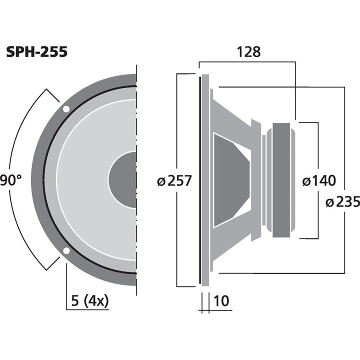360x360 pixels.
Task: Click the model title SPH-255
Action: (x=36, y=52)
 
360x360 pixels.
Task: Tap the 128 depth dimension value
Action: (x=248, y=51)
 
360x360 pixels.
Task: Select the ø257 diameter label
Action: (x=174, y=180)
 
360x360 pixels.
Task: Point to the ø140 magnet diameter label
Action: (x=319, y=180)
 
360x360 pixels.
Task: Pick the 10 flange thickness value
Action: (x=220, y=301)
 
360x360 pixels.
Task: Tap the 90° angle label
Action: (x=11, y=179)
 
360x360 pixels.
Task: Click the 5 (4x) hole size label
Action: (x=90, y=301)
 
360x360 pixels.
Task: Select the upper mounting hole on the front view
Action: (x=66, y=109)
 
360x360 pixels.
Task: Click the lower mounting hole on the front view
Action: (x=66, y=251)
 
